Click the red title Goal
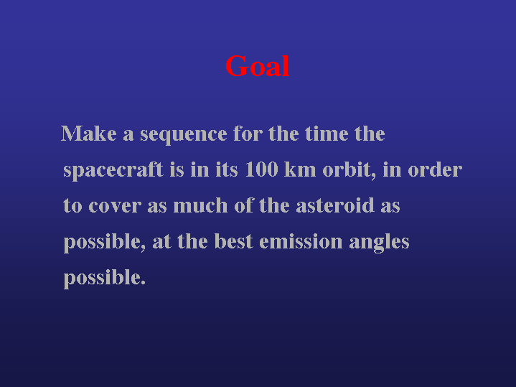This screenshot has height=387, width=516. click(x=258, y=66)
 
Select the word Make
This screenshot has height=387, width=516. click(x=89, y=134)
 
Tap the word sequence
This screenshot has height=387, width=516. click(x=184, y=135)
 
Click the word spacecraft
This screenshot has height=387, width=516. click(x=113, y=171)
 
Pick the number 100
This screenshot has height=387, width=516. click(x=262, y=169)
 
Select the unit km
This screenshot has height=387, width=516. click(x=300, y=169)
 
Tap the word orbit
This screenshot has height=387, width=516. click(x=350, y=170)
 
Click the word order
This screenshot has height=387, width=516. click(x=435, y=169)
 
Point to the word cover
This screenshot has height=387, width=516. click(x=115, y=206)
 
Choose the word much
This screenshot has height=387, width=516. click(x=200, y=205)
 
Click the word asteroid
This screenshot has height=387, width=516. click(x=335, y=205)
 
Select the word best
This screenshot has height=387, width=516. click(x=234, y=241)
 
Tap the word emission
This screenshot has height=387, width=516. click(x=301, y=241)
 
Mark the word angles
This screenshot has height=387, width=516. click(x=379, y=243)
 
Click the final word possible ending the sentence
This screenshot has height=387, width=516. click(x=104, y=279)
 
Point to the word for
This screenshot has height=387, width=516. click(x=248, y=134)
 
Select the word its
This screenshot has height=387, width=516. click(x=227, y=169)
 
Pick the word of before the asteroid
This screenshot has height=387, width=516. click(x=244, y=205)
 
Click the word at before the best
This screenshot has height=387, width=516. click(x=161, y=242)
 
